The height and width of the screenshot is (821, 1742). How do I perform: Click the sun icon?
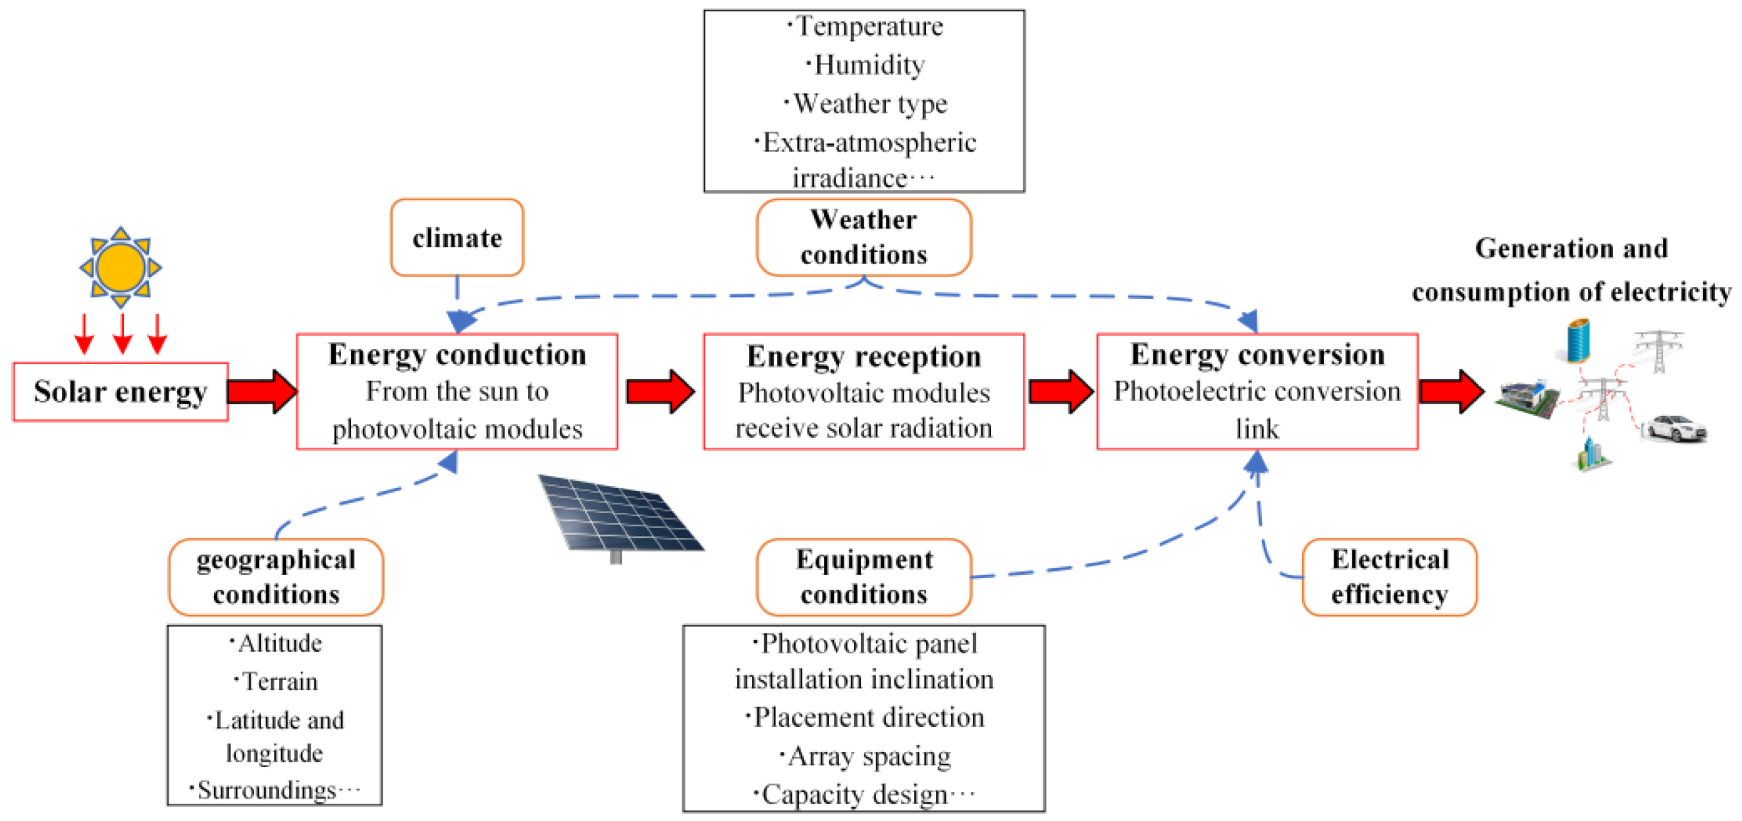coord(121,267)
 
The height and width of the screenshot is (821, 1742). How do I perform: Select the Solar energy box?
coord(121,392)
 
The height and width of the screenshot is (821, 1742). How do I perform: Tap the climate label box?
coord(457,238)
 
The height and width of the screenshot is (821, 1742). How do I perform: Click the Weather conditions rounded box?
coord(863,238)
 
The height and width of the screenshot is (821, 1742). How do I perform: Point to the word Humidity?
coord(868,65)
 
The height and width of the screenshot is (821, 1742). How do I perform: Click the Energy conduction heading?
coord(457,354)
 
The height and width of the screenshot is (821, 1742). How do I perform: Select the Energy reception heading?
coord(863,356)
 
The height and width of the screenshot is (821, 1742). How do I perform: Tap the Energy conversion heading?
coord(1257,354)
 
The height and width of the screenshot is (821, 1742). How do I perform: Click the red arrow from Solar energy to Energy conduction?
coord(261,391)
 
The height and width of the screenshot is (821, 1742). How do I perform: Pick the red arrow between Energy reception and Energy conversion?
coord(1060,391)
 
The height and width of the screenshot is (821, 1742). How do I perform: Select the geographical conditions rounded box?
coord(276,577)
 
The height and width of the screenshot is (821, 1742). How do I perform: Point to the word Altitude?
coord(279,643)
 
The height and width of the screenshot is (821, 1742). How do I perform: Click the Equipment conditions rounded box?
coord(863,577)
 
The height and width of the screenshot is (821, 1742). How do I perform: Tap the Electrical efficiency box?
coord(1389,577)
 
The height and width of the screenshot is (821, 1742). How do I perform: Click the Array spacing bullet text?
coord(868,756)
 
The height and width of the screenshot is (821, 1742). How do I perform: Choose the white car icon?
coord(1674,428)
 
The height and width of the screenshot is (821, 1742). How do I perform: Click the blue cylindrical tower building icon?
coord(1579,342)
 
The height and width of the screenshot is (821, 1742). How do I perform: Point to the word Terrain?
coord(279,681)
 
